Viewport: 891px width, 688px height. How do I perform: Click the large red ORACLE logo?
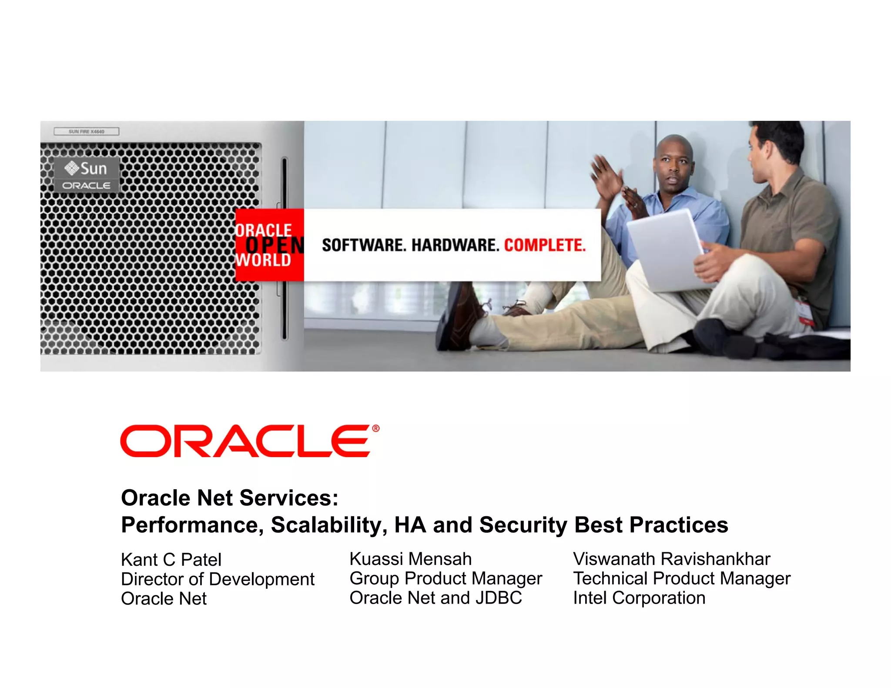coord(246,441)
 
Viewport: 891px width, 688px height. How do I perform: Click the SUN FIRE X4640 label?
coord(86,131)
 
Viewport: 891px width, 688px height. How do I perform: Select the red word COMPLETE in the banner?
coord(545,245)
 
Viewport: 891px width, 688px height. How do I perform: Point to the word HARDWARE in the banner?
coord(455,245)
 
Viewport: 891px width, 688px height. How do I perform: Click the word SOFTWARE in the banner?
coord(364,245)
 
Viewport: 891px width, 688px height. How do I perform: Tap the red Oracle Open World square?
coord(269,245)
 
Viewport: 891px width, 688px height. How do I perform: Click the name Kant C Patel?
coord(171,560)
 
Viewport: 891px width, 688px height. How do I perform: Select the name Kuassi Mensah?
coord(410,559)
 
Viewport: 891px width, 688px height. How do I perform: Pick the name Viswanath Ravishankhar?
coord(671,559)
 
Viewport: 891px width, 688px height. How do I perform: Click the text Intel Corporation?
coord(639,598)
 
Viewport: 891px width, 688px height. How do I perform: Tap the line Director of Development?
coord(218,579)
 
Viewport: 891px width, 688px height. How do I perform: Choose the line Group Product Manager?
coord(445,578)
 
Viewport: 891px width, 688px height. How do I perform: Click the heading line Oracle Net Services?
coord(229,498)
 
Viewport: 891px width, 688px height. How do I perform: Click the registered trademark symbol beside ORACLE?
coord(376,428)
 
